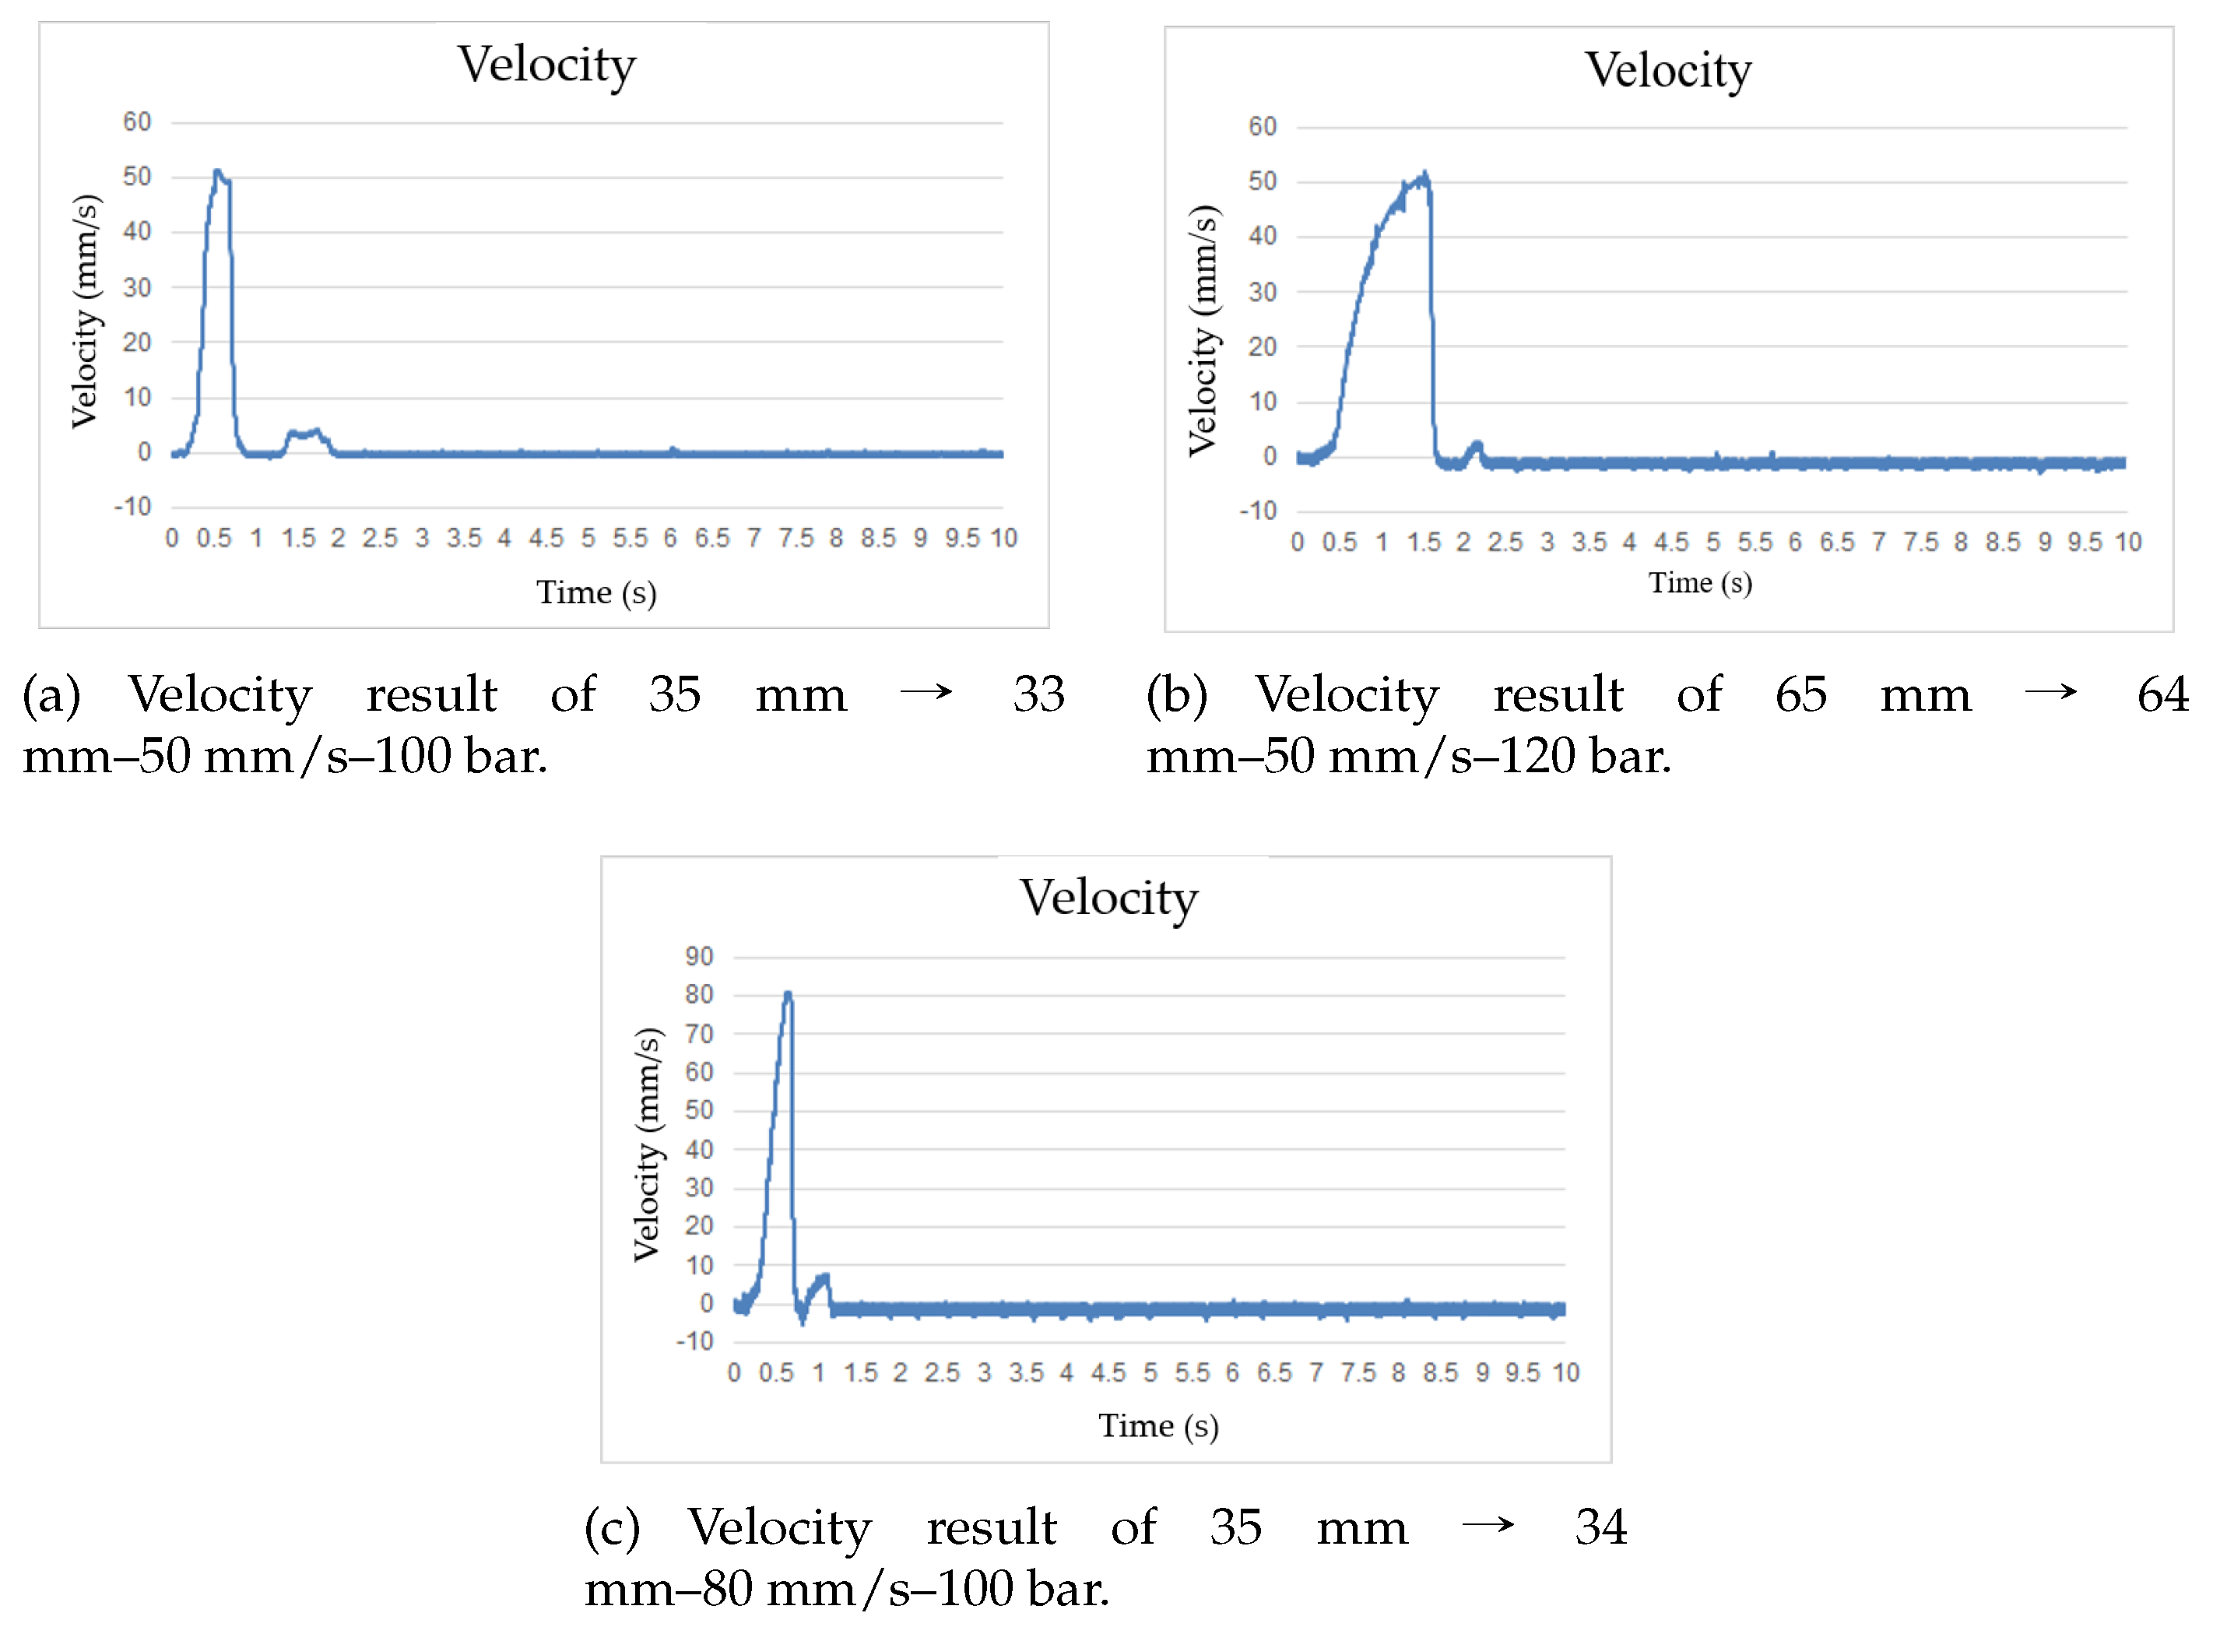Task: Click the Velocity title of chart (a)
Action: click(546, 65)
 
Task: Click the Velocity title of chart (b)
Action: click(1667, 70)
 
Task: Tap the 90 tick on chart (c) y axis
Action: click(698, 956)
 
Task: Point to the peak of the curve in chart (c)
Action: click(787, 995)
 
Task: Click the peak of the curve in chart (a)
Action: click(218, 172)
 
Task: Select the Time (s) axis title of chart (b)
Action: click(1700, 583)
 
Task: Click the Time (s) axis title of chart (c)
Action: click(1158, 1426)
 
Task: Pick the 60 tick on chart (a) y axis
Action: click(137, 122)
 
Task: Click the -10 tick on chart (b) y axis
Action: click(1258, 511)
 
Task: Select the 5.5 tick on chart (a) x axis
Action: click(629, 539)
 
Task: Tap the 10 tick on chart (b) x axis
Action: click(2127, 543)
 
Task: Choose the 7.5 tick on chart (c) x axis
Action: click(1358, 1373)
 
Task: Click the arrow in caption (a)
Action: click(926, 694)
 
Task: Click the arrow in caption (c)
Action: click(1488, 1527)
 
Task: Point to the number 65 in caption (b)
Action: click(1800, 695)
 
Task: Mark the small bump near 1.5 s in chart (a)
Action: click(305, 434)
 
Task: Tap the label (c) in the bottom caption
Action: click(612, 1528)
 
